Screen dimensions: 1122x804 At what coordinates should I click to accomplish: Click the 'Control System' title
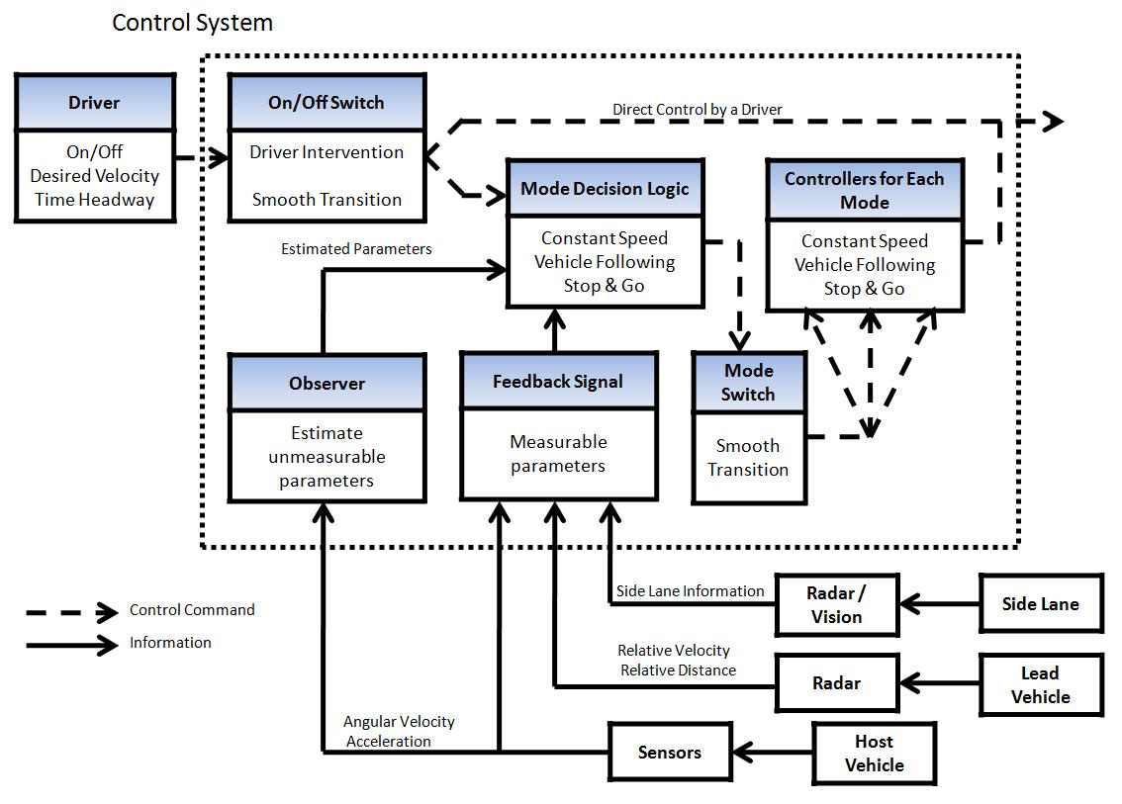(x=193, y=23)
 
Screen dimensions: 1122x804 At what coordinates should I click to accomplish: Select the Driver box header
(x=94, y=102)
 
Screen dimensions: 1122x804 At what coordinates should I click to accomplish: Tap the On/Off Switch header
(x=327, y=102)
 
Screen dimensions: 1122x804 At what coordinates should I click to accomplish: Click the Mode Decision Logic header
(x=605, y=188)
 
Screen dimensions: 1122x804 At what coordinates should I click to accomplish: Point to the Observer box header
(x=327, y=383)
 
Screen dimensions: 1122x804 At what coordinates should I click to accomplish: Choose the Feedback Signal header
(x=558, y=382)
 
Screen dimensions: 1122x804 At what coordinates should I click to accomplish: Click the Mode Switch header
(x=748, y=382)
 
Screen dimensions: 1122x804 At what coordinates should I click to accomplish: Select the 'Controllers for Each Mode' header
(x=865, y=190)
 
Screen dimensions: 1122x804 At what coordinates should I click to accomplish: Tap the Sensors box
(x=670, y=752)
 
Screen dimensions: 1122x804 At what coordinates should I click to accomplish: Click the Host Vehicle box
(x=874, y=754)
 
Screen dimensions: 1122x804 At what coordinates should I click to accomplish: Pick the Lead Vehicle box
(x=1041, y=684)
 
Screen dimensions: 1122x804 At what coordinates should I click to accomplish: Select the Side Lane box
(x=1041, y=603)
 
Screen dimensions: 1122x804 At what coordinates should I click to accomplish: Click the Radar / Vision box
(x=837, y=604)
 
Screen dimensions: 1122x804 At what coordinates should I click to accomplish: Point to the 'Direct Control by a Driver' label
(x=697, y=110)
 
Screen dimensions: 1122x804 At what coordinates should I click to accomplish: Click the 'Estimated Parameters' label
(x=356, y=249)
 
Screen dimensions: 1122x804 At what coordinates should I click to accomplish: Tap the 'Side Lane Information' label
(x=691, y=590)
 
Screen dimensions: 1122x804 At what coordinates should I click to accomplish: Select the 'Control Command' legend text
(x=192, y=609)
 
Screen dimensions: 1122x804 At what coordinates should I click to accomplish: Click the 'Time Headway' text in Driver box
(x=94, y=200)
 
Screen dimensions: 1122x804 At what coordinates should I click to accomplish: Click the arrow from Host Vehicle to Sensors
(x=773, y=752)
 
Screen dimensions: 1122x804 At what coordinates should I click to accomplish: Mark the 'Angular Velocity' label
(x=399, y=721)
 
